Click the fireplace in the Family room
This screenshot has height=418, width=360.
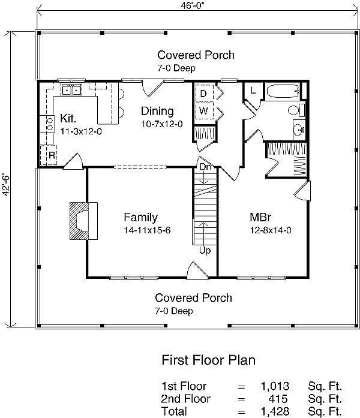coord(80,220)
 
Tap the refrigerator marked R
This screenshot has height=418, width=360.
coord(52,155)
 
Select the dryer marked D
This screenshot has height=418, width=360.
coord(203,94)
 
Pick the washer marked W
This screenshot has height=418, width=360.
coord(203,111)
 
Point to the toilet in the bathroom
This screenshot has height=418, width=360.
coord(295,110)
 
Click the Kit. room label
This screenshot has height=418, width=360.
coord(68,118)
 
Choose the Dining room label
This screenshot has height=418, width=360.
coord(157,111)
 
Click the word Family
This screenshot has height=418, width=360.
coord(140,217)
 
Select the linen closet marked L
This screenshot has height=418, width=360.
coord(253,91)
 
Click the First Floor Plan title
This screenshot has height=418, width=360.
coord(209,360)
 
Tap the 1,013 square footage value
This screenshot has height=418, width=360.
coord(275,386)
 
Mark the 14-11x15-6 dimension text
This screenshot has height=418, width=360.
coord(142,230)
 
